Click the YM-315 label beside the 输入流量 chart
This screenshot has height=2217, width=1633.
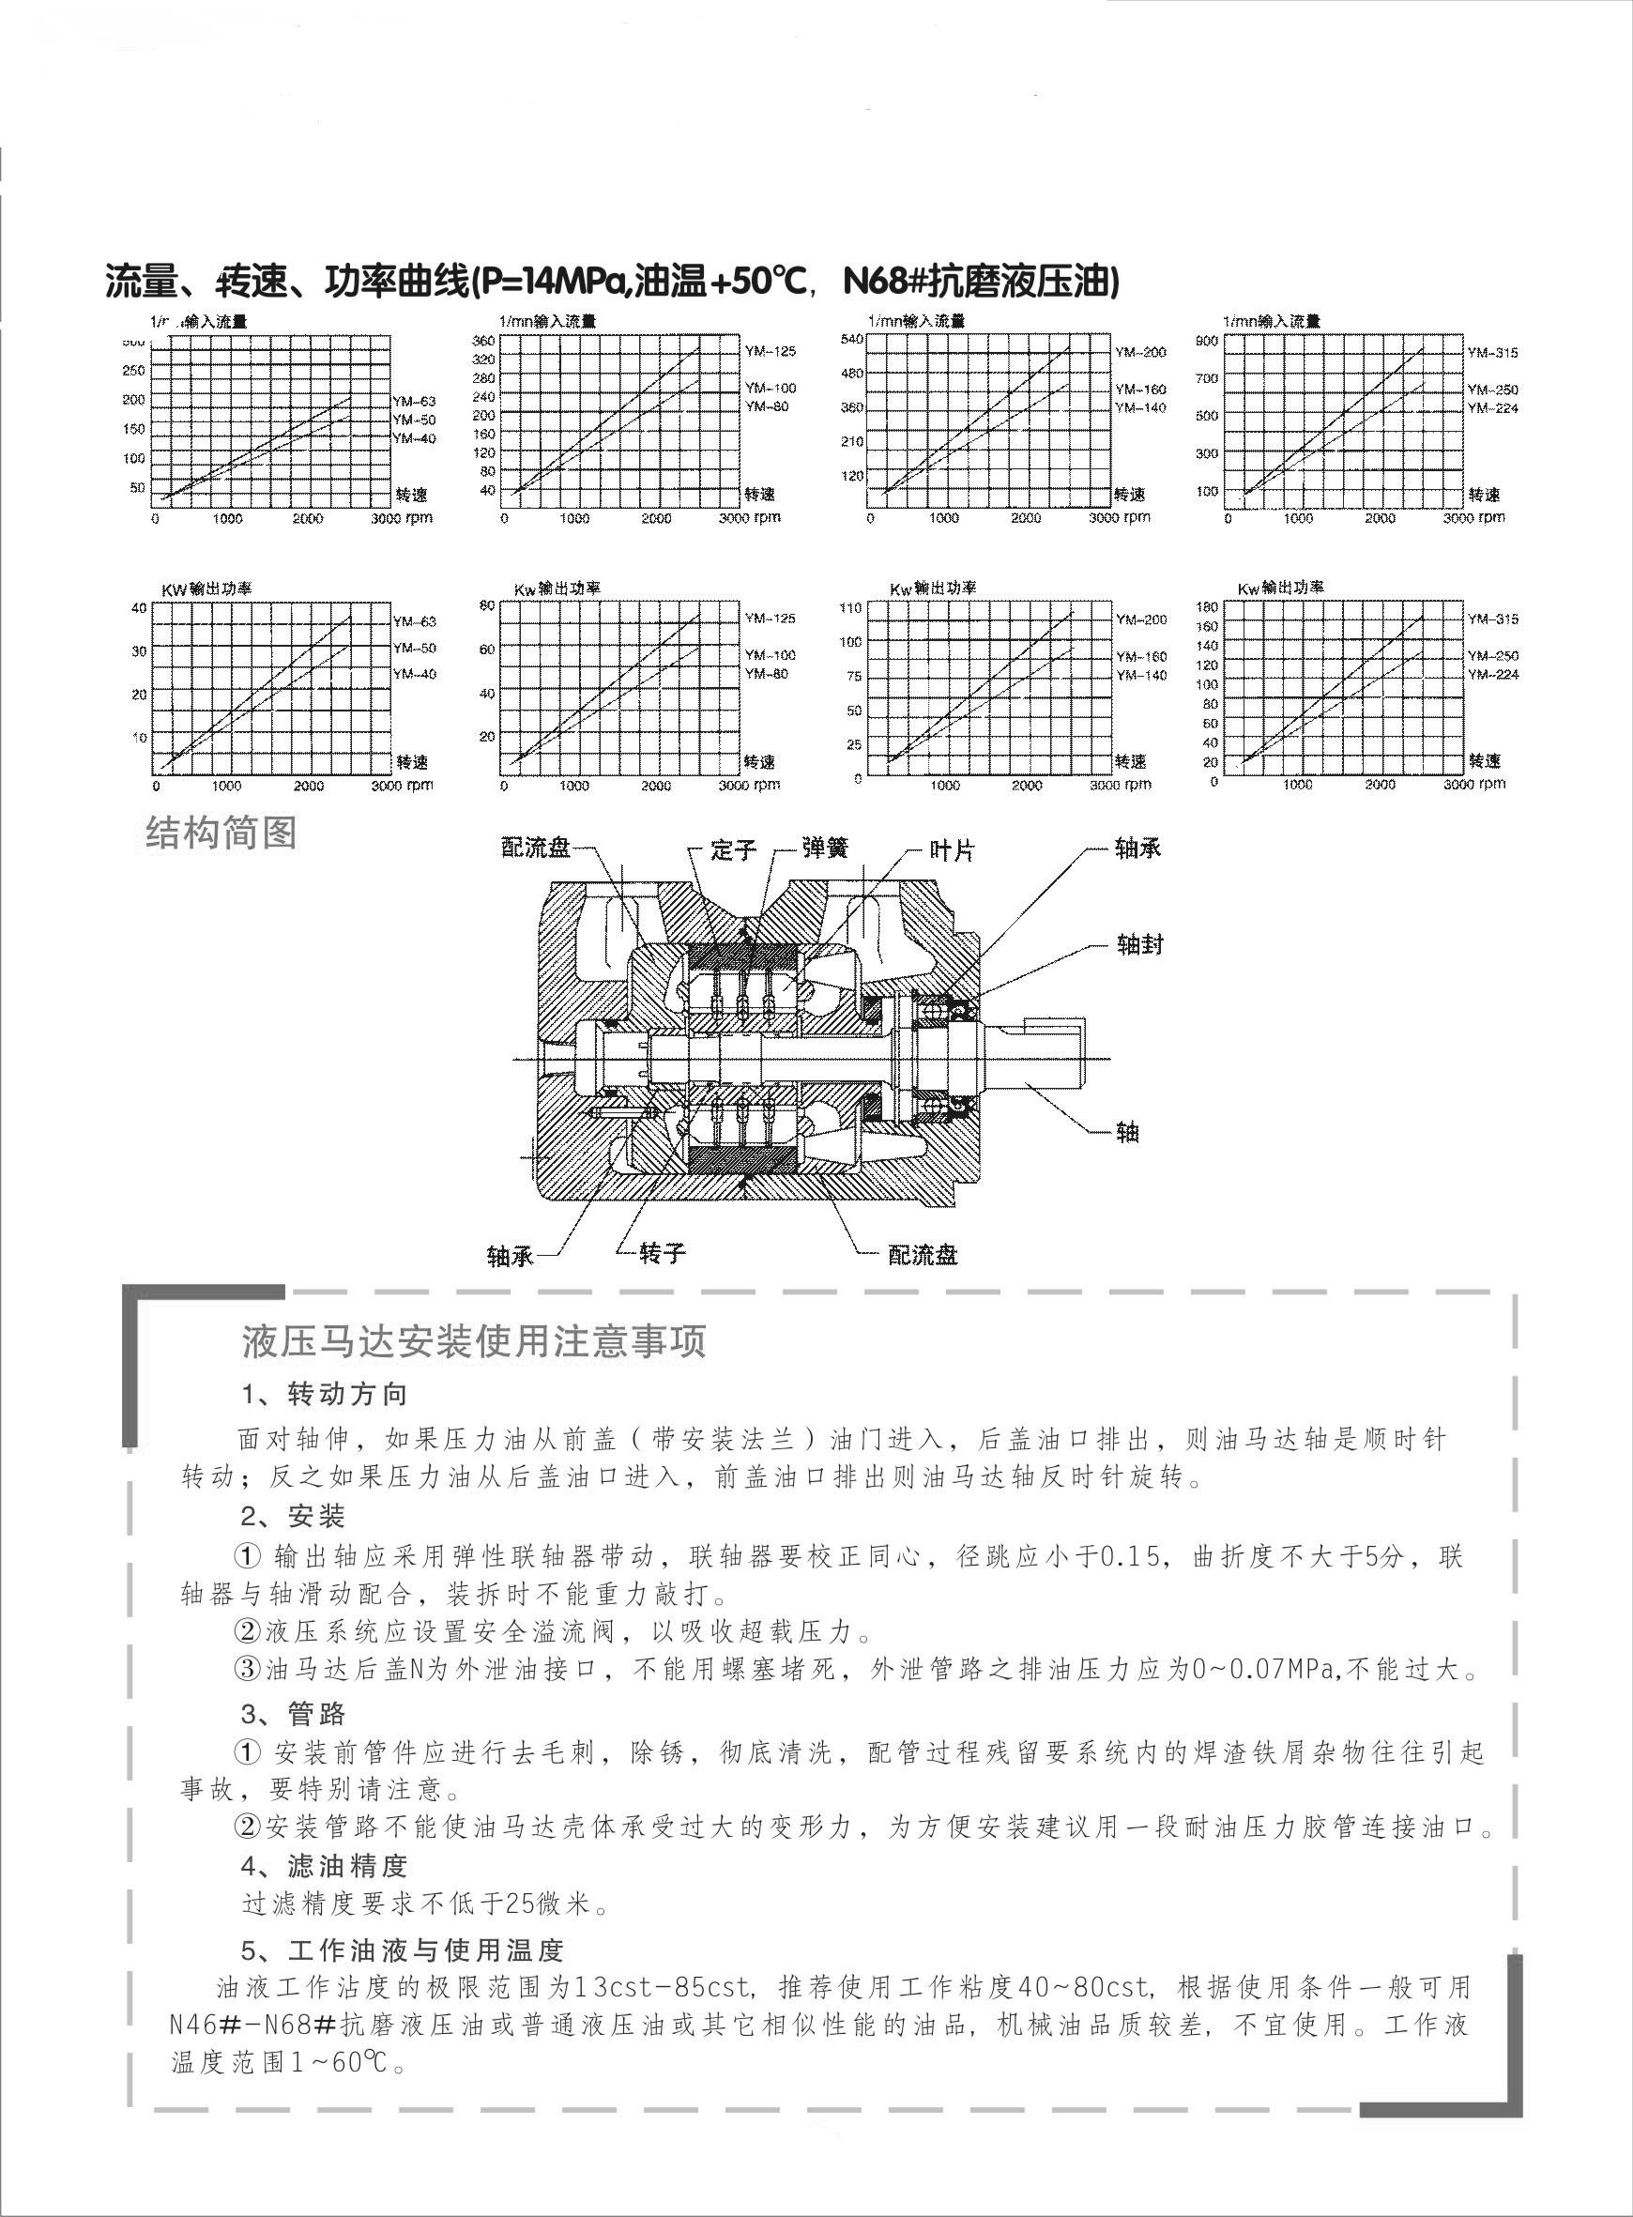[x=1491, y=353]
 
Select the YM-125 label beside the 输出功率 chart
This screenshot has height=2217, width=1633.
[x=770, y=619]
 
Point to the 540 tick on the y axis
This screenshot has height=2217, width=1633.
[x=851, y=339]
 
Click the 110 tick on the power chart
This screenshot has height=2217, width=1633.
[x=850, y=607]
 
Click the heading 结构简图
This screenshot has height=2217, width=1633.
[x=221, y=833]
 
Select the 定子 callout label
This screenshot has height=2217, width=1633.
[x=732, y=850]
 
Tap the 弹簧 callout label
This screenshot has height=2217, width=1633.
[x=825, y=849]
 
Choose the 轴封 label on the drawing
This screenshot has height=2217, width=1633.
[x=1139, y=945]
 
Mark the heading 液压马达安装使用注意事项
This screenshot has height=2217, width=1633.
[x=474, y=1343]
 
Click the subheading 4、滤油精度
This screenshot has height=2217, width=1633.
[x=324, y=1866]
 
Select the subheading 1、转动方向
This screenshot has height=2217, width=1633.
[x=324, y=1395]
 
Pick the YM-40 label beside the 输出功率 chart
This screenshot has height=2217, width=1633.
[x=414, y=674]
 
